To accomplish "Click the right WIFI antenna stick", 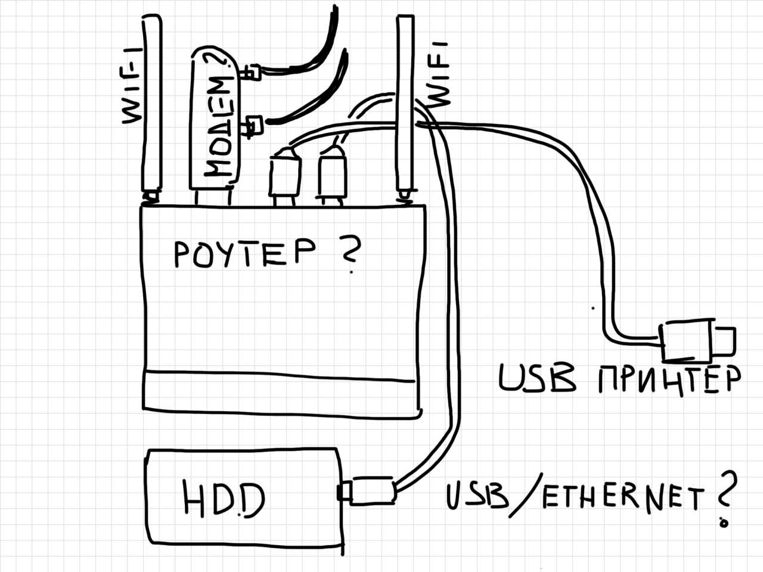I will click(x=405, y=104).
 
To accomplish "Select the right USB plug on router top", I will click(x=331, y=176).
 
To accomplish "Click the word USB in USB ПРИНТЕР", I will click(x=536, y=378).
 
